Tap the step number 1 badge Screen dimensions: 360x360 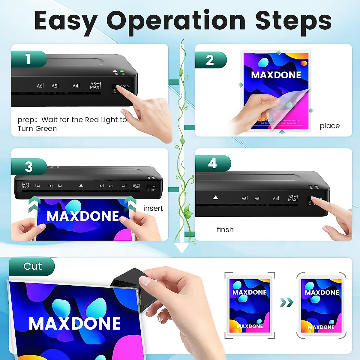(28, 59)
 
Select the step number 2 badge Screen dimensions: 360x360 (210, 60)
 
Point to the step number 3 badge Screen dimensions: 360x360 (29, 167)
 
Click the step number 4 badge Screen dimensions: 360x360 (212, 163)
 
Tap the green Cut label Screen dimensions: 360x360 (32, 266)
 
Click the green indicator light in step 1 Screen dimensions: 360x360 (122, 72)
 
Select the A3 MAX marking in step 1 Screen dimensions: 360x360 (95, 85)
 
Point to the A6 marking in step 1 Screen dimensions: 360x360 (40, 86)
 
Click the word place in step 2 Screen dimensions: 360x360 (329, 126)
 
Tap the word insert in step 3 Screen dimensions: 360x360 (153, 208)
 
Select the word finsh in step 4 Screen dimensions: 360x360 (225, 230)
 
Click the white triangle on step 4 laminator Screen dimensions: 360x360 (215, 197)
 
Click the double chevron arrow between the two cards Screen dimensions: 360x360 (286, 302)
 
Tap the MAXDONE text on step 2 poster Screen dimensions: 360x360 (276, 75)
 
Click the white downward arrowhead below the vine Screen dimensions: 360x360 (182, 248)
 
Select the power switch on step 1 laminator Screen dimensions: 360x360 (115, 88)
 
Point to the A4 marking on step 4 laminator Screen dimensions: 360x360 (276, 198)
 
